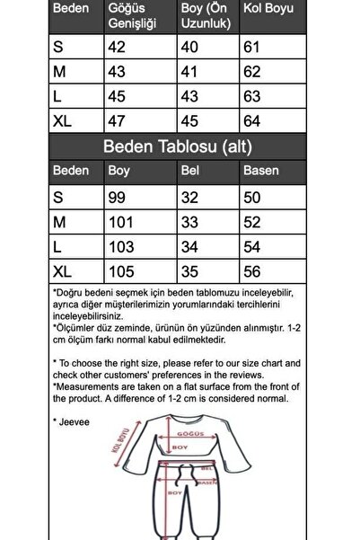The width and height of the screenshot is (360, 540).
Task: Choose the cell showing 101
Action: coord(119,221)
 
